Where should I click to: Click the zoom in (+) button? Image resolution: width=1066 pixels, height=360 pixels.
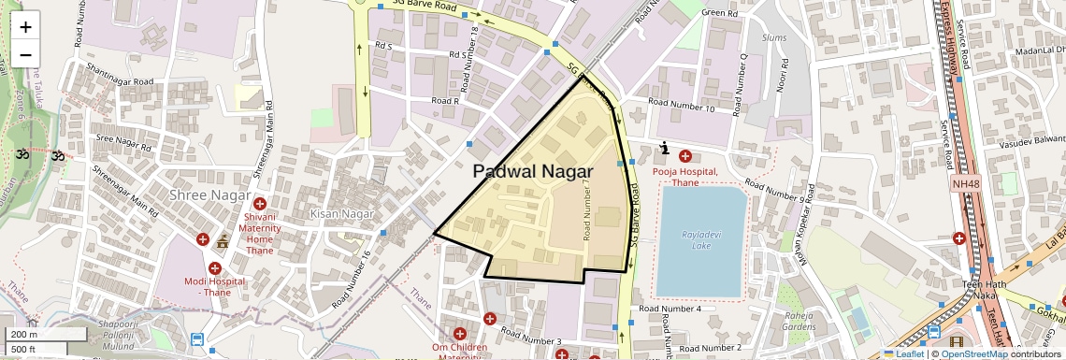(25, 27)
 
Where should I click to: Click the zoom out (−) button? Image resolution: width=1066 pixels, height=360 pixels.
(25, 55)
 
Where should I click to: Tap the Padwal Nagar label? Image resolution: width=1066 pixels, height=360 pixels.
(532, 172)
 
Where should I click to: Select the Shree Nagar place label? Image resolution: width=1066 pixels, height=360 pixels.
(210, 195)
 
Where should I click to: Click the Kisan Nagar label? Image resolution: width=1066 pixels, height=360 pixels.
(341, 214)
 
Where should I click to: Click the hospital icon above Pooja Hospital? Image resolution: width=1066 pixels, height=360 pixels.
(685, 155)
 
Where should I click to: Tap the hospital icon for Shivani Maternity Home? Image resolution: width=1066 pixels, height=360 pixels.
(260, 203)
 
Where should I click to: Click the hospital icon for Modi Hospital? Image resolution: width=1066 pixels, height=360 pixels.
(215, 268)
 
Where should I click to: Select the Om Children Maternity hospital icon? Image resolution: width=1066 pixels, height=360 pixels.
(459, 334)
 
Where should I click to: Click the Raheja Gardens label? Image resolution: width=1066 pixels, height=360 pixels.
(799, 321)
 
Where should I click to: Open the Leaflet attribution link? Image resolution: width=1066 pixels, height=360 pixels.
(904, 353)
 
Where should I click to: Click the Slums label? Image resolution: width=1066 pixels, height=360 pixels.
(775, 36)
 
